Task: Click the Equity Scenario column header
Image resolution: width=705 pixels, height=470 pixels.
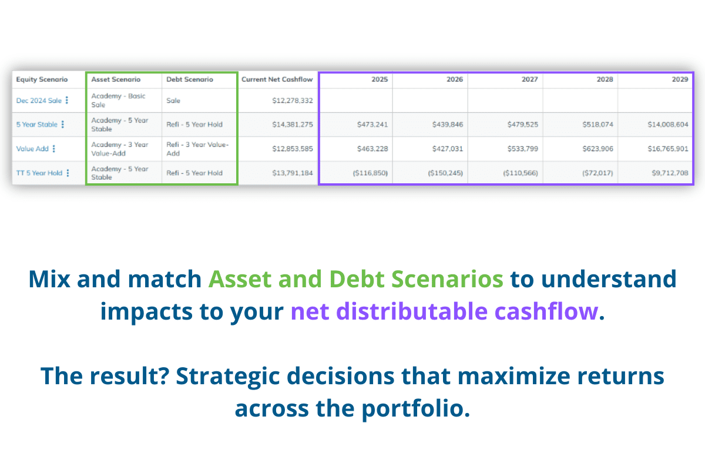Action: [x=42, y=79]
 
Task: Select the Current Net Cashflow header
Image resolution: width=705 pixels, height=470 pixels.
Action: [x=277, y=79]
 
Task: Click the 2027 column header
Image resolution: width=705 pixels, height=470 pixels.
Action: [x=530, y=79]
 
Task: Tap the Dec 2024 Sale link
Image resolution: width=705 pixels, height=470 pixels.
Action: [x=39, y=100]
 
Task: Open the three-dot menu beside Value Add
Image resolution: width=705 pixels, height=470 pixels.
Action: [x=54, y=149]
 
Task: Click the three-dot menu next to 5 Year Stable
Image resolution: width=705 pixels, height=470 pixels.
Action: [x=63, y=125]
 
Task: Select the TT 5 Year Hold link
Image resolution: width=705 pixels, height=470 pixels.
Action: [x=39, y=173]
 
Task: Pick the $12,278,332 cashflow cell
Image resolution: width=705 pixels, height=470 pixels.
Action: [x=293, y=100]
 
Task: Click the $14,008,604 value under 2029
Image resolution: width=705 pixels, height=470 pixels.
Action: [x=668, y=125]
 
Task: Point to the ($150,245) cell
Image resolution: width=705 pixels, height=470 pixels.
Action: [x=445, y=173]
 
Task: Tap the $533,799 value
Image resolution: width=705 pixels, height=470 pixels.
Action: [x=522, y=149]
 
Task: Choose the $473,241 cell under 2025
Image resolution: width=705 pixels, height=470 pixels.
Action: [x=372, y=125]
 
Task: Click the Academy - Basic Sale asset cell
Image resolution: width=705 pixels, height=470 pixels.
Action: [x=118, y=100]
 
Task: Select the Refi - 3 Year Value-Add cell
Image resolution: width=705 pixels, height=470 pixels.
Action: [x=197, y=149]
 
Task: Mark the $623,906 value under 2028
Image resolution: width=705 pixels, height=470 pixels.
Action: [x=597, y=149]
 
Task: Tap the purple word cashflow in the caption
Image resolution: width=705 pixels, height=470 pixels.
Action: [x=546, y=311]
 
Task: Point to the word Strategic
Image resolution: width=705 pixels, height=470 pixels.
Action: [x=228, y=376]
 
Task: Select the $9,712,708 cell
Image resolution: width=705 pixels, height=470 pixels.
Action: [x=670, y=173]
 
